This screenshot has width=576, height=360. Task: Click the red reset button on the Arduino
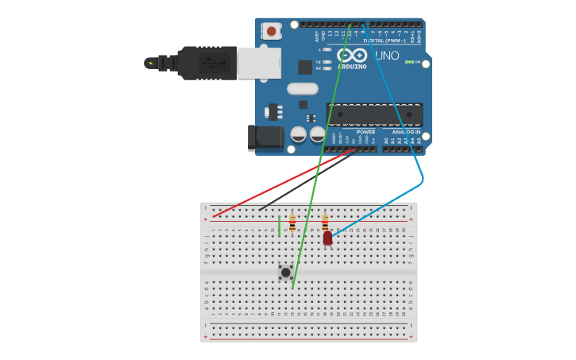(x=272, y=31)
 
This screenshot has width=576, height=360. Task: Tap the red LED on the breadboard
(x=327, y=238)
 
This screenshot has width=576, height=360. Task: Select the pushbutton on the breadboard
(x=285, y=272)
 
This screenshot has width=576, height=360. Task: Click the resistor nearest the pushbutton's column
(x=292, y=223)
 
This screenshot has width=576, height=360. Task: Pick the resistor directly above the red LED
(x=325, y=222)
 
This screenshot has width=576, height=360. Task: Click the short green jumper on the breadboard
(x=279, y=226)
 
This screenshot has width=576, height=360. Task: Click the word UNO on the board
(x=386, y=56)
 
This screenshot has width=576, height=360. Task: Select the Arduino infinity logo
(x=352, y=56)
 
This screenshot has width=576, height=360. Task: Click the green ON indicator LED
(x=408, y=62)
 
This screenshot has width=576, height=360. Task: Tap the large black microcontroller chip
(x=373, y=114)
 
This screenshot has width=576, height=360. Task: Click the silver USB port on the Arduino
(x=259, y=63)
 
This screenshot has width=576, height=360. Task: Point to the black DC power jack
(x=265, y=137)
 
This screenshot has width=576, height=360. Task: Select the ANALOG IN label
(x=406, y=132)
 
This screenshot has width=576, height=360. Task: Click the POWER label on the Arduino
(x=365, y=132)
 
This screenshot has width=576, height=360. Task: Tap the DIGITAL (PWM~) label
(x=383, y=41)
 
